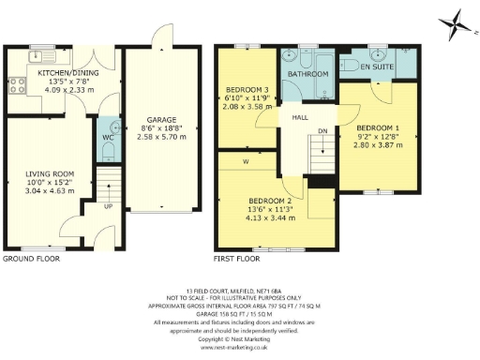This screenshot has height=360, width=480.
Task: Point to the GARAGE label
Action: (162, 120)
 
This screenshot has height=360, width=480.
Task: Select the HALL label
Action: (299, 117)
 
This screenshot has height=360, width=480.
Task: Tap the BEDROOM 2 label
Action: (271, 200)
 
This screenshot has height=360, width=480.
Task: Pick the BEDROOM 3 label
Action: (246, 92)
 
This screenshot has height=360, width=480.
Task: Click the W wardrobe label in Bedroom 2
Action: (245, 160)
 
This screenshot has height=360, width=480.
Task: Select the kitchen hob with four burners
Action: (17, 85)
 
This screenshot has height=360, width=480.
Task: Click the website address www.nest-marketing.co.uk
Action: (240, 347)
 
